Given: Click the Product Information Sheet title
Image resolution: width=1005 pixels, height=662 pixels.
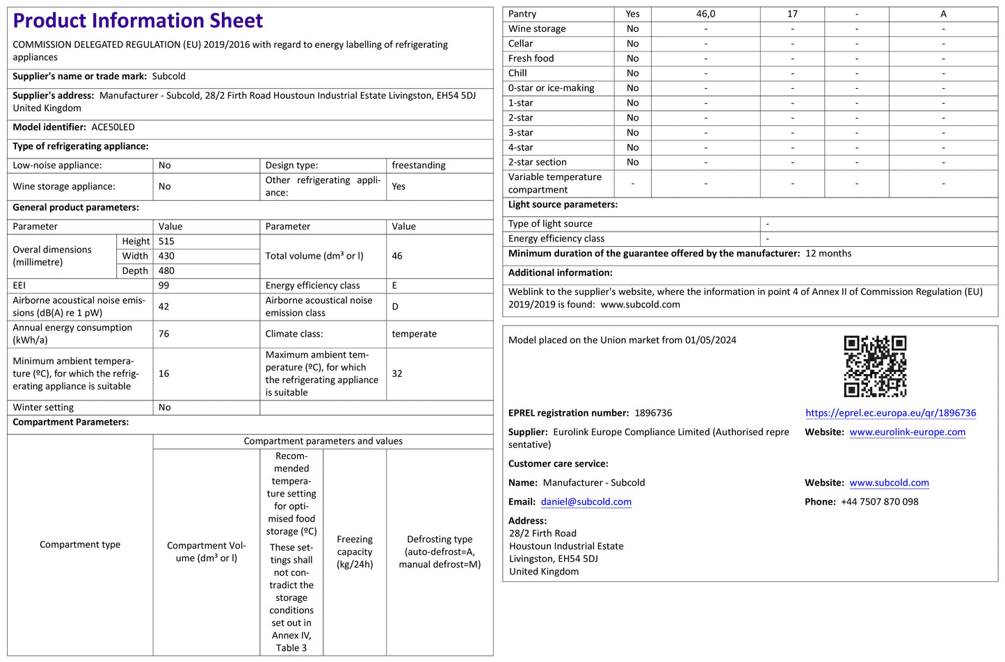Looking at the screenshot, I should pyautogui.click(x=138, y=21).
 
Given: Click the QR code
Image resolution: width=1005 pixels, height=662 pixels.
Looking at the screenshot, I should pyautogui.click(x=875, y=366).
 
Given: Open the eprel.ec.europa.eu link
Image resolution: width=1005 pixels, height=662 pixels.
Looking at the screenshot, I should pyautogui.click(x=890, y=413).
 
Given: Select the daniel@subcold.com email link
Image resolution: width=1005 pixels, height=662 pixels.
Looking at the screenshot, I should pyautogui.click(x=586, y=502).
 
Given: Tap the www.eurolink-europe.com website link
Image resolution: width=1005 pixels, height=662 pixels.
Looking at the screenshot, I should pyautogui.click(x=907, y=432).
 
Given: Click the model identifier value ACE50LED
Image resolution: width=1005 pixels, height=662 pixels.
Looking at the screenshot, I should pyautogui.click(x=113, y=127).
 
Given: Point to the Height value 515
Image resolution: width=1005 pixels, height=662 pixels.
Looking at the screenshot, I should pyautogui.click(x=166, y=241).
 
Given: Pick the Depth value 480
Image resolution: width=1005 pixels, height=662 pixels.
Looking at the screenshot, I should pyautogui.click(x=166, y=271).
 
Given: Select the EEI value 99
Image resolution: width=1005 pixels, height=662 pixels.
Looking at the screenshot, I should pyautogui.click(x=164, y=285).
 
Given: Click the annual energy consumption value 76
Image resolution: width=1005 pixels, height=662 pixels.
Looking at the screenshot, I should pyautogui.click(x=164, y=334).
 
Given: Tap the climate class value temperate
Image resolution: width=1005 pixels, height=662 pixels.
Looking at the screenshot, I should pyautogui.click(x=414, y=334).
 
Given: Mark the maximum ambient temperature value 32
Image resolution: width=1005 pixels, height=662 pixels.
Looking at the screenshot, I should pyautogui.click(x=397, y=373).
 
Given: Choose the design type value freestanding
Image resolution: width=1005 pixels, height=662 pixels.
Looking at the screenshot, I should pyautogui.click(x=418, y=165).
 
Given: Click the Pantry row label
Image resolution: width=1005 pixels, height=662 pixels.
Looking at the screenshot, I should pyautogui.click(x=522, y=14).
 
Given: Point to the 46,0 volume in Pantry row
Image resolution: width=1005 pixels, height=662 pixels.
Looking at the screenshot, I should pyautogui.click(x=705, y=14).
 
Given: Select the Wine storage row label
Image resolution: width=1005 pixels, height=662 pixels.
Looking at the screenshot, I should pyautogui.click(x=537, y=29).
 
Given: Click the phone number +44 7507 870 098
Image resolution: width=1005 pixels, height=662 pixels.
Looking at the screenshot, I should pyautogui.click(x=879, y=501).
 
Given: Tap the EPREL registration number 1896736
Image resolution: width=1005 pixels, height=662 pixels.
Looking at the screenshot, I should pyautogui.click(x=653, y=413).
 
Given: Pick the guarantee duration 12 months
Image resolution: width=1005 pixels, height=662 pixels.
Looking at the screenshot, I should pyautogui.click(x=828, y=253).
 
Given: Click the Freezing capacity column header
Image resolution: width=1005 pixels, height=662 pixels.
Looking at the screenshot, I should pyautogui.click(x=355, y=551).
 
